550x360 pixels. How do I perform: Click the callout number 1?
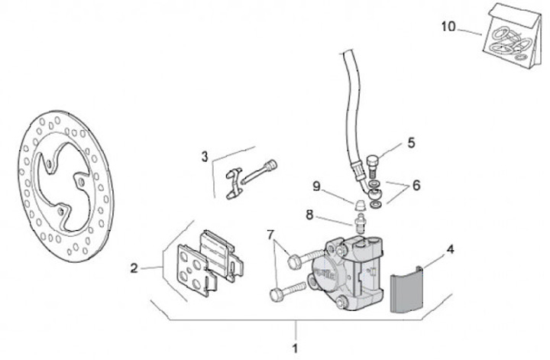pos(295,349)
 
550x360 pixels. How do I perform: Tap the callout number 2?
pos(134,268)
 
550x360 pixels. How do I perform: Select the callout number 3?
pos(205,157)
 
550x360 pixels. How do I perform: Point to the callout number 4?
pos(450,248)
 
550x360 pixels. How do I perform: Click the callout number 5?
pos(410,142)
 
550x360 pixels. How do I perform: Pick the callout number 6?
pos(416,185)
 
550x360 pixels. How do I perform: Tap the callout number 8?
pos(310,215)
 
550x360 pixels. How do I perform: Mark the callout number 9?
pos(316,185)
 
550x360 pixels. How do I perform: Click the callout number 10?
pos(448,27)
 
